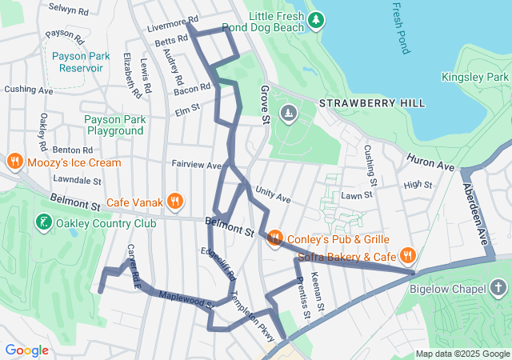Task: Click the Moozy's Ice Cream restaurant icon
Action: [x=14, y=162]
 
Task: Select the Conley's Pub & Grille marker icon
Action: [x=274, y=238]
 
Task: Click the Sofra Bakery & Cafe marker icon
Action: [x=408, y=257]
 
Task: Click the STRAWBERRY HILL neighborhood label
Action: [x=372, y=104]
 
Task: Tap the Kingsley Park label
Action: [x=474, y=77]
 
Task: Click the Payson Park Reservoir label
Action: [x=78, y=62]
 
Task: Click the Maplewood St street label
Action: [x=186, y=300]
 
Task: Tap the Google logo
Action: [x=26, y=350]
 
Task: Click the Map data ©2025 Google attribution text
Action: [x=462, y=354]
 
